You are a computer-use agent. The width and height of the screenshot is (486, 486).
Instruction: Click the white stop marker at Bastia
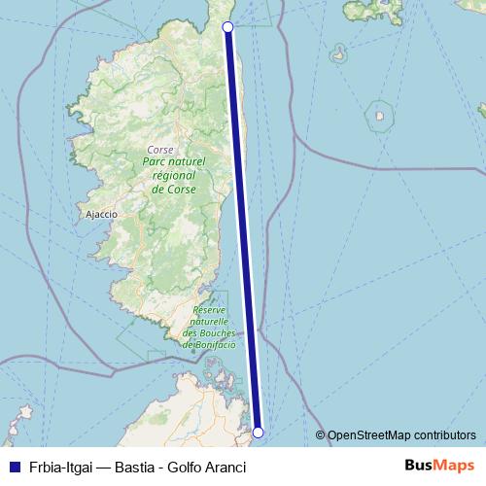click(227, 27)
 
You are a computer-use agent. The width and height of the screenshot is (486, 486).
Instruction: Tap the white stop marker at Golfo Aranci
click(259, 432)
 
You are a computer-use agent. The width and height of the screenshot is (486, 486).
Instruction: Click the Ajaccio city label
click(102, 214)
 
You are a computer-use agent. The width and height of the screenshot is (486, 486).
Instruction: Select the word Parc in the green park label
click(156, 162)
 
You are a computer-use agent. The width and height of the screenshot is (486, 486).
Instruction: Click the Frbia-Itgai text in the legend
click(58, 467)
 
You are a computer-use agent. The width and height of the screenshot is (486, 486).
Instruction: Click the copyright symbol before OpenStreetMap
click(321, 434)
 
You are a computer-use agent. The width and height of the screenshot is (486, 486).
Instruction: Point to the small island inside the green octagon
click(379, 119)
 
